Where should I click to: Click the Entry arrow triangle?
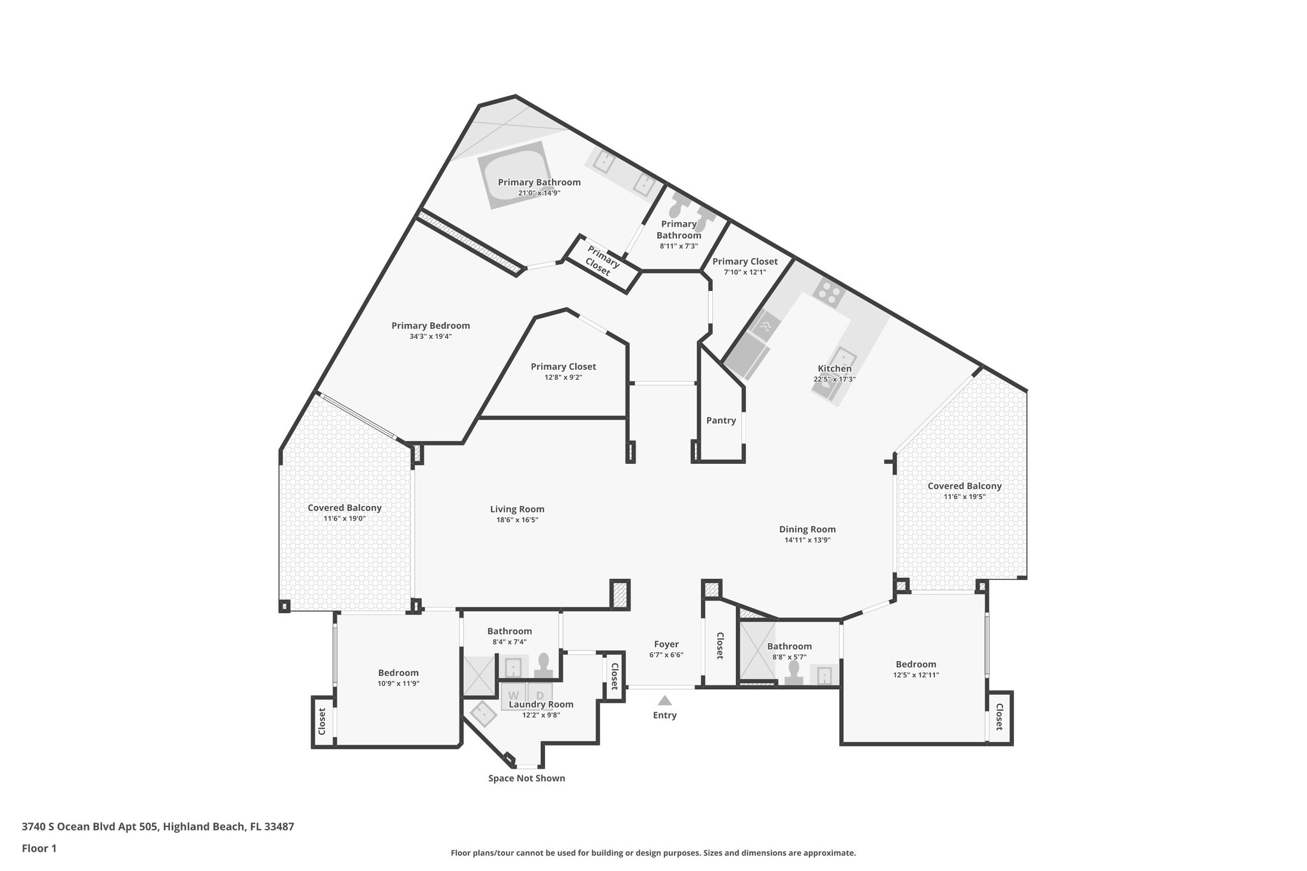(664, 700)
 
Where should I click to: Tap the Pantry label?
(721, 421)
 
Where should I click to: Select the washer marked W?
(513, 696)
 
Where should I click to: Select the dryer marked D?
(540, 696)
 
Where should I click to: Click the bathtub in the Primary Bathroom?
(514, 174)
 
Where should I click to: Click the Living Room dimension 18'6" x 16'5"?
(517, 520)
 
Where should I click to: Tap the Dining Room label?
(807, 529)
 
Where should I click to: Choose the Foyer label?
(666, 644)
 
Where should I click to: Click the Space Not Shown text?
(527, 778)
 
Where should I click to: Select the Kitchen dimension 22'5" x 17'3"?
(834, 379)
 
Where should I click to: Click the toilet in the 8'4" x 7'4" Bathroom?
(544, 664)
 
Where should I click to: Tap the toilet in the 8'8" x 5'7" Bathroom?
(794, 673)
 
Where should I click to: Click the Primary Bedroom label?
(431, 325)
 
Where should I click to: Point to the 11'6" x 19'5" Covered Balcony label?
(964, 486)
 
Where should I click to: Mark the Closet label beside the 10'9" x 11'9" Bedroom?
(322, 721)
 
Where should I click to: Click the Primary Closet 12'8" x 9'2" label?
(564, 367)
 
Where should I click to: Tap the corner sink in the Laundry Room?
(484, 715)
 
